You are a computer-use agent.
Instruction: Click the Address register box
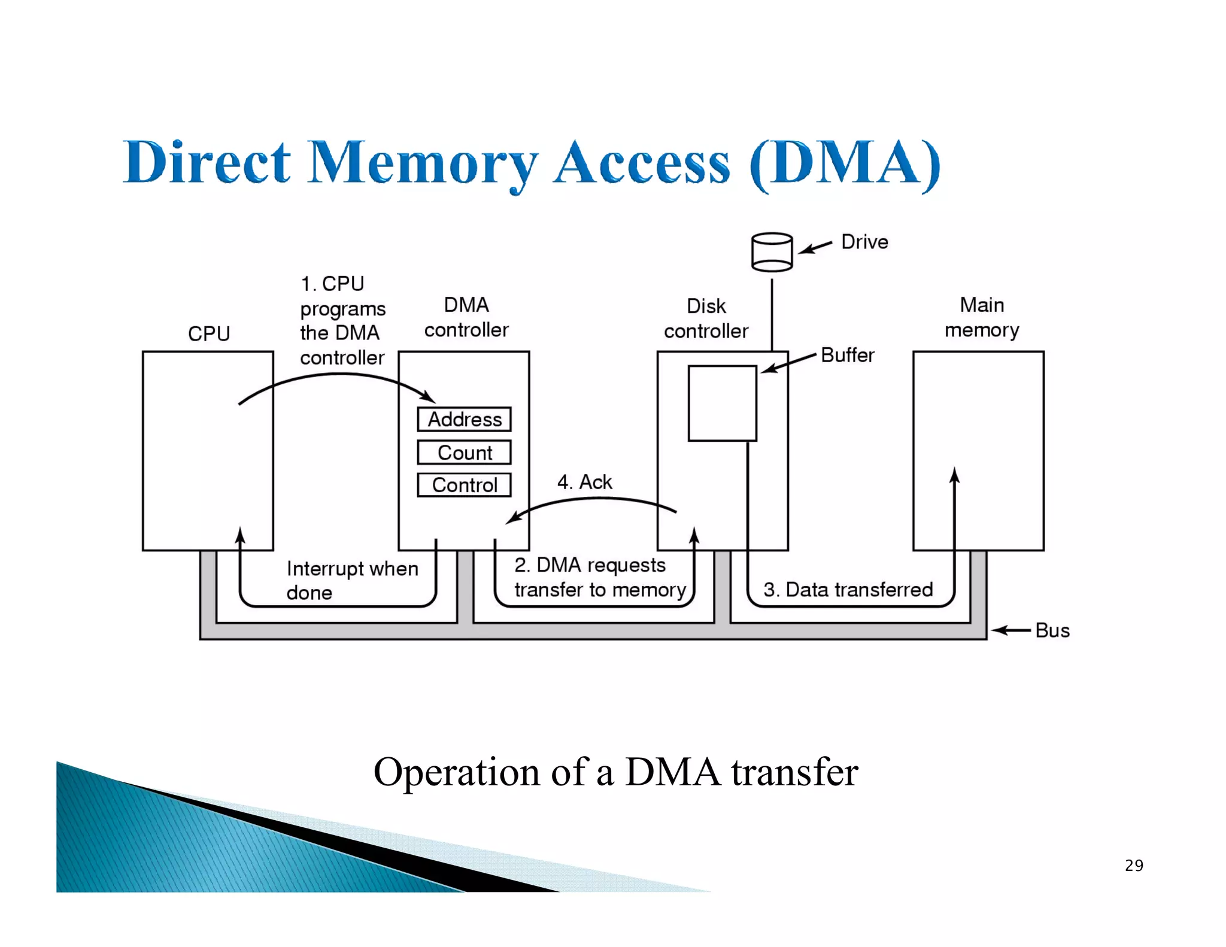point(464,419)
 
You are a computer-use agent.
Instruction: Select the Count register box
point(464,453)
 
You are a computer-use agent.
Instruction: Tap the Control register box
point(464,485)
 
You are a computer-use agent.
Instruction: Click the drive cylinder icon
point(772,252)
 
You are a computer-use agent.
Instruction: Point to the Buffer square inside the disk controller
point(722,403)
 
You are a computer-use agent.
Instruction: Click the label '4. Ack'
point(584,482)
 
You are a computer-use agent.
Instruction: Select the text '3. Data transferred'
point(848,590)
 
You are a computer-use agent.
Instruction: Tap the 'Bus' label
point(1052,630)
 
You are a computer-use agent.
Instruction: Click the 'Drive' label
point(864,242)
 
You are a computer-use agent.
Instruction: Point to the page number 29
point(1134,866)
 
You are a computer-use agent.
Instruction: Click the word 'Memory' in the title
point(422,163)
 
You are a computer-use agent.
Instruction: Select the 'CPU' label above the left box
point(209,333)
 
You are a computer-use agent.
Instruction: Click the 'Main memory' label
point(982,317)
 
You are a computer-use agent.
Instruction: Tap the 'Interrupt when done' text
point(352,580)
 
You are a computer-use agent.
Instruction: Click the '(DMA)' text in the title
point(845,163)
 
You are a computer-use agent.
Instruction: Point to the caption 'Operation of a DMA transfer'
point(615,772)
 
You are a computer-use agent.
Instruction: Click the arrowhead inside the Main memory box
point(954,476)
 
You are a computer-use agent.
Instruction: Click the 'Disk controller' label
point(706,318)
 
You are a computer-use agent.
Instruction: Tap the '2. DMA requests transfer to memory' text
point(600,577)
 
